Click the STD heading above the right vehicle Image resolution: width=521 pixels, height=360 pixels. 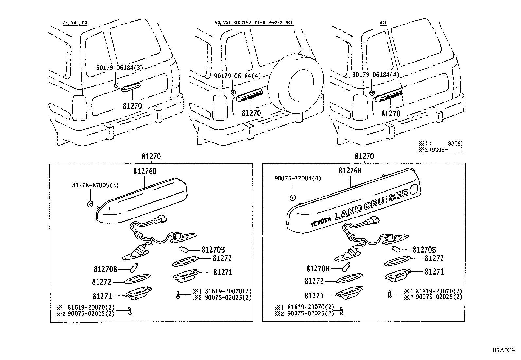[x=383, y=23]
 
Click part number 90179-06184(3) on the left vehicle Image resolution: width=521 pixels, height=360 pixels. [x=120, y=68]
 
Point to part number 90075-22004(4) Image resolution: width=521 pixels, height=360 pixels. [x=297, y=179]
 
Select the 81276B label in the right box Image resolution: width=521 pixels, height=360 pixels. [x=350, y=171]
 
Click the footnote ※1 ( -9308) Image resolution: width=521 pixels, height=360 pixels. [x=440, y=143]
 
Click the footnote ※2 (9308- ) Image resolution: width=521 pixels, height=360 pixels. [x=440, y=149]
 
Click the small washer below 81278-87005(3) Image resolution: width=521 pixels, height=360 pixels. [x=89, y=204]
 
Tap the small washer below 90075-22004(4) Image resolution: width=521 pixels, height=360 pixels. [x=293, y=197]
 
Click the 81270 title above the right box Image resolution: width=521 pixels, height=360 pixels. [x=364, y=157]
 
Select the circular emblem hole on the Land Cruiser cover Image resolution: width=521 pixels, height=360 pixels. [x=413, y=189]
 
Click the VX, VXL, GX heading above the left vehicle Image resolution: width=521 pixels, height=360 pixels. [x=75, y=23]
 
